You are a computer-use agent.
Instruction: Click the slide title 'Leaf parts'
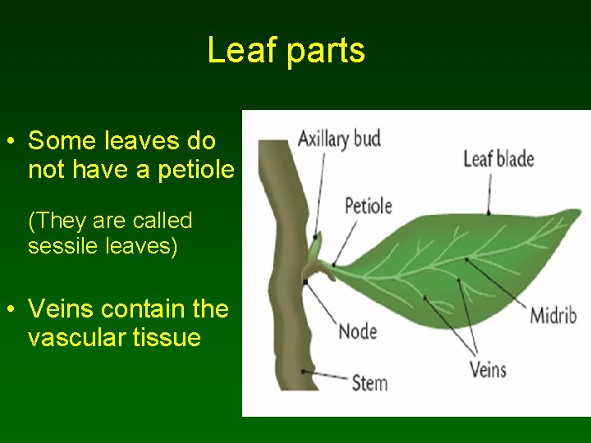tap(286, 51)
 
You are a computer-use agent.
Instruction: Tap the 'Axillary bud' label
tap(338, 138)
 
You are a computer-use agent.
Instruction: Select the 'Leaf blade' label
tap(498, 158)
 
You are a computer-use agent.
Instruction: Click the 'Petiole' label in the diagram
tap(368, 205)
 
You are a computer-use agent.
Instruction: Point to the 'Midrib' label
tap(552, 315)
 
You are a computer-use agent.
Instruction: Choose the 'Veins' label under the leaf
tap(488, 369)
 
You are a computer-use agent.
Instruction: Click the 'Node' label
tap(358, 331)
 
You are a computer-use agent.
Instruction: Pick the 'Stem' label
tap(369, 382)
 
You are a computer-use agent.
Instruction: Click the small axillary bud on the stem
tap(314, 244)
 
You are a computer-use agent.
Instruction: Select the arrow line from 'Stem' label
tap(324, 376)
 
